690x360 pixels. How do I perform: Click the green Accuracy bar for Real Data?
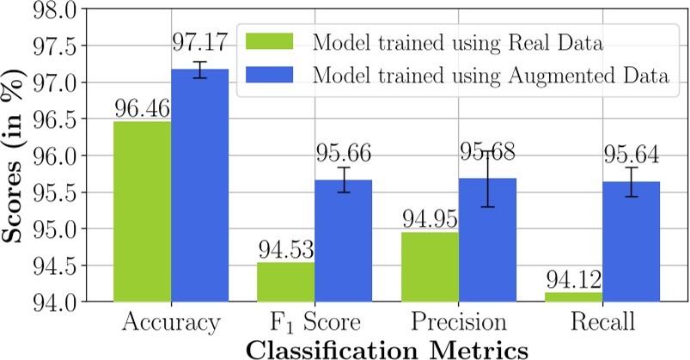pos(142,211)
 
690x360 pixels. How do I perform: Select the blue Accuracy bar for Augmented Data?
pos(199,186)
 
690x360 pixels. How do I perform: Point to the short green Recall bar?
pos(572,297)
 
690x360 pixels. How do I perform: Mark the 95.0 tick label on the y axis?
pos(81,229)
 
